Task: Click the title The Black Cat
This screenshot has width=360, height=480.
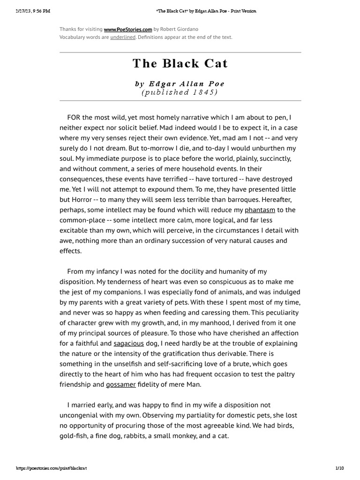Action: (x=180, y=63)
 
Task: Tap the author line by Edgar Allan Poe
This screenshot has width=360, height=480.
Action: (x=180, y=84)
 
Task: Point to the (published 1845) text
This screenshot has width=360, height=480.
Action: (x=180, y=92)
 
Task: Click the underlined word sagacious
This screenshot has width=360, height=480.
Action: (x=128, y=344)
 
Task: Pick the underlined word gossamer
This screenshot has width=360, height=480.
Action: (x=120, y=384)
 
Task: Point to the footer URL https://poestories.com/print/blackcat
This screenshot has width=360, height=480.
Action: (x=52, y=468)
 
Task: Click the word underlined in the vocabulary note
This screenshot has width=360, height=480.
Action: (x=123, y=37)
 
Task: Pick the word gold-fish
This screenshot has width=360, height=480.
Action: (x=73, y=436)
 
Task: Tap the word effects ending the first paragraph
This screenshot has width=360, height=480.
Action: (x=70, y=251)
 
